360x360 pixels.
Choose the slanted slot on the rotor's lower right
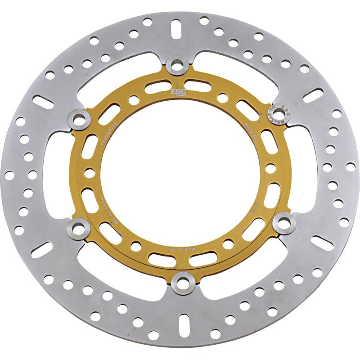(322, 243)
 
